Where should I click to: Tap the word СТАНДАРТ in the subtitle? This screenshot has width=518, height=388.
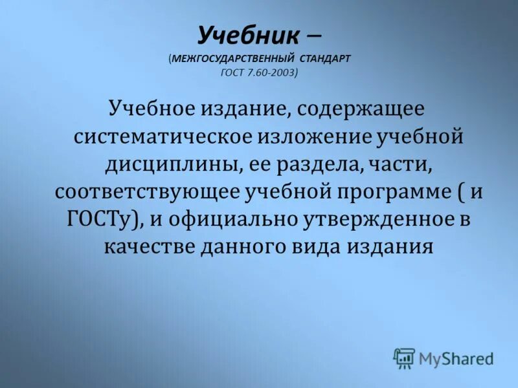click(x=321, y=58)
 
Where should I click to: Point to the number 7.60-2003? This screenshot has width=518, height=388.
click(x=270, y=73)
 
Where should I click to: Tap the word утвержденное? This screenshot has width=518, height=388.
click(x=379, y=220)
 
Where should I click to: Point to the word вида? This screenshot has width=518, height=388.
click(x=324, y=248)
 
